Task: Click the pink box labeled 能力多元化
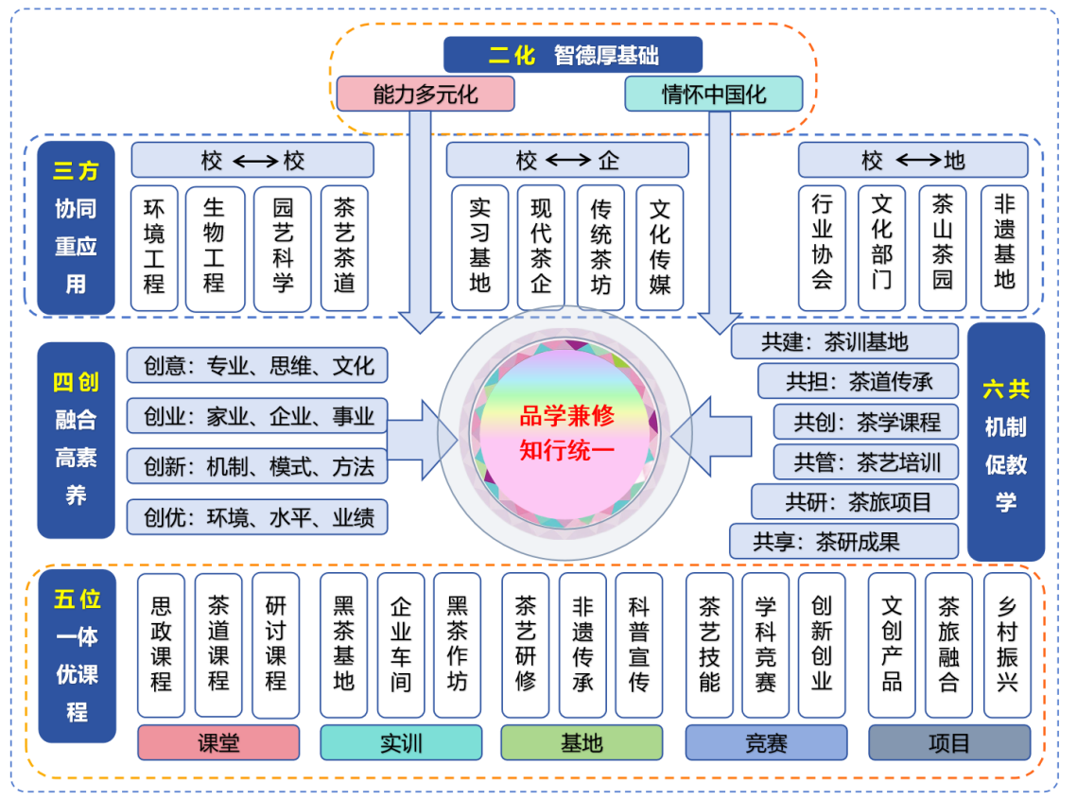tap(426, 95)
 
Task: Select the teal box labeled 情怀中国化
tap(714, 95)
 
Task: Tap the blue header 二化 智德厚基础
tap(574, 55)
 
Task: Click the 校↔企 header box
tap(567, 161)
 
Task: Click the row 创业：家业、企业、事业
tap(257, 415)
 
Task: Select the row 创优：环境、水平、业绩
tap(257, 517)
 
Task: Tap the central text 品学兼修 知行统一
tap(567, 431)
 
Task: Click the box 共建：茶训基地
tap(845, 341)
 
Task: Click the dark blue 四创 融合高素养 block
tap(76, 440)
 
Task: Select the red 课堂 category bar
tap(218, 743)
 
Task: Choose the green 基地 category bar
tap(582, 743)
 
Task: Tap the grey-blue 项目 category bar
tap(949, 743)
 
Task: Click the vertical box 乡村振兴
tap(1007, 645)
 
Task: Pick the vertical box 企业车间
tap(401, 645)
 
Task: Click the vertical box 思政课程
tap(162, 645)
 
